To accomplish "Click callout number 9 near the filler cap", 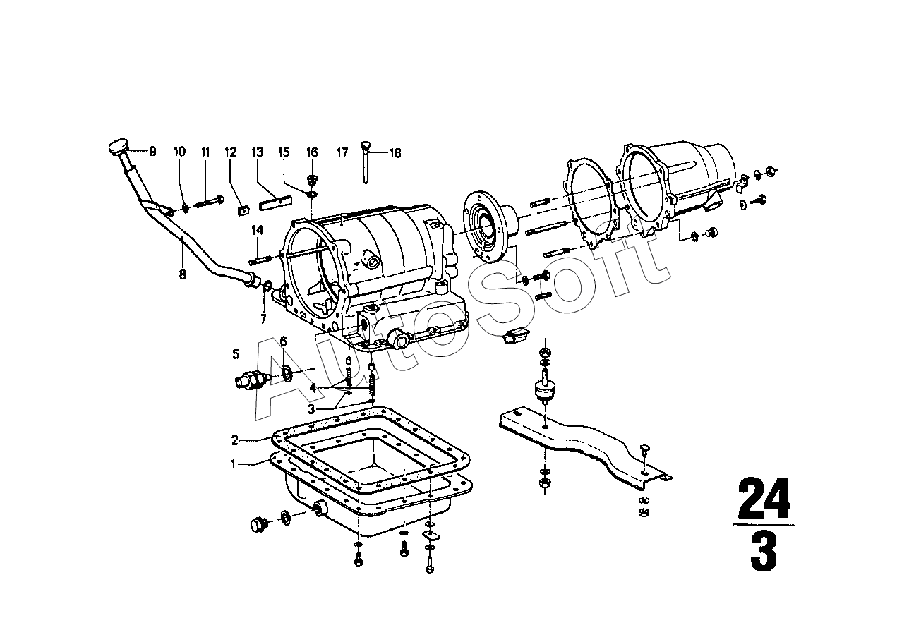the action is point(152,152).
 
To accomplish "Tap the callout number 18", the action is point(395,153).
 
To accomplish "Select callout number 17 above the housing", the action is point(342,152).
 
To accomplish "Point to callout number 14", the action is point(258,231).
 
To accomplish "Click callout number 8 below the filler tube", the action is point(183,274).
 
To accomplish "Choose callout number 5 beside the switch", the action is point(236,354).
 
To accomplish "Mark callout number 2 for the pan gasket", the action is point(234,440).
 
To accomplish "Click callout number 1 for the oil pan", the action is point(234,464).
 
